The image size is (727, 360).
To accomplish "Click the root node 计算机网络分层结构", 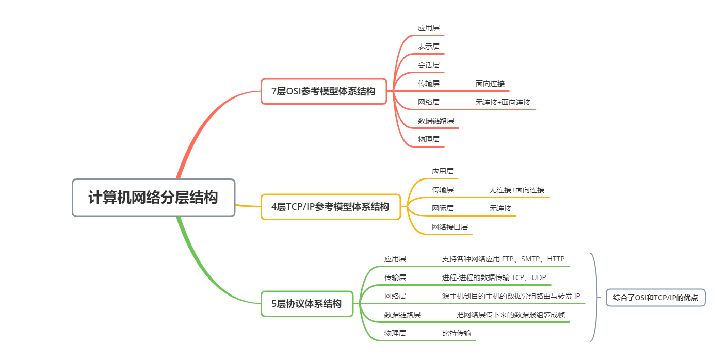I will (x=153, y=198).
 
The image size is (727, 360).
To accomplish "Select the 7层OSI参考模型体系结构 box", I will (x=324, y=91).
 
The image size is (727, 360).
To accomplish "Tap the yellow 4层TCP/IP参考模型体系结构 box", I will (x=330, y=207).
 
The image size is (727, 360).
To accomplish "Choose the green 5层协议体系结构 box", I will (x=306, y=304).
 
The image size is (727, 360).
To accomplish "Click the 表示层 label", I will (x=429, y=46).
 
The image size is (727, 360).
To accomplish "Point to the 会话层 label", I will (x=429, y=65).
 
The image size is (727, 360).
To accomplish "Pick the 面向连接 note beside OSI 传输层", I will (x=490, y=84).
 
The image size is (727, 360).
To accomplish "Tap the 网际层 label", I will (x=443, y=208).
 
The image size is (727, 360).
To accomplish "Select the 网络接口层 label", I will (x=450, y=227).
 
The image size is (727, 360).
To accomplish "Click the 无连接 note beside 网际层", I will (x=500, y=208).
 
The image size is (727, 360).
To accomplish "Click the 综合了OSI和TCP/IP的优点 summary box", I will (x=655, y=298).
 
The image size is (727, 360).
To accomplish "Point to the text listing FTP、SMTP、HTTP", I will (x=503, y=259).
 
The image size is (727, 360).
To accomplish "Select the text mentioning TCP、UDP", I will (x=494, y=277).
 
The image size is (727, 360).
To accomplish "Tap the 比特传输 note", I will (x=456, y=333).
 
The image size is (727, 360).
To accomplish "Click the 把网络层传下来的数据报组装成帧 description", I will (x=510, y=315).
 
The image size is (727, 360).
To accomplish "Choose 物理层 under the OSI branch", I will (x=429, y=139).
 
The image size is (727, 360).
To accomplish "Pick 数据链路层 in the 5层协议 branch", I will (x=402, y=315).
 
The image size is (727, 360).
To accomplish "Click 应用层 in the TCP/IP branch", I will (x=443, y=171).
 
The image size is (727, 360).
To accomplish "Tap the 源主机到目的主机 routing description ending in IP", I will (x=511, y=296).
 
